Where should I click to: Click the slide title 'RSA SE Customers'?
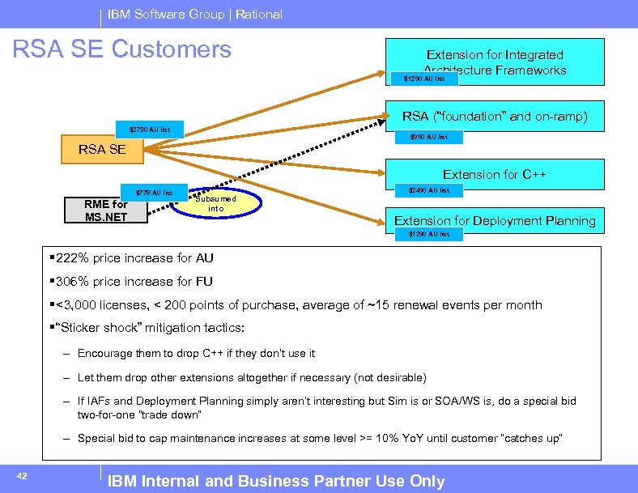click(121, 49)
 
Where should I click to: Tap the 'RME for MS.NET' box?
click(107, 210)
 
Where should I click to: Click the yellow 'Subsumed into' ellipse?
click(216, 204)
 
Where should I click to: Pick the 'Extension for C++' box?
click(494, 174)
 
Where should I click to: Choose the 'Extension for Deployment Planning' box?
click(494, 220)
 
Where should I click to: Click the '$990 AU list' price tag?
click(428, 137)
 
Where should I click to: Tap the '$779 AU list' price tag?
click(154, 193)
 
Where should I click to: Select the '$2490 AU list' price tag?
click(428, 190)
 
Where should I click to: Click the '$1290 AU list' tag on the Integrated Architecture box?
click(424, 79)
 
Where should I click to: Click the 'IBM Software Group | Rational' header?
click(195, 14)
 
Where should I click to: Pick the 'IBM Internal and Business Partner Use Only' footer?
click(276, 481)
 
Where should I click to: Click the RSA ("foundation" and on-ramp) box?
click(494, 117)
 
